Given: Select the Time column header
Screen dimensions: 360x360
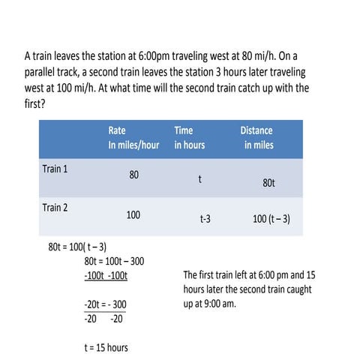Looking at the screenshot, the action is coord(189,136).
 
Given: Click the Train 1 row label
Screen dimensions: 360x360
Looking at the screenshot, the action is coord(55,169).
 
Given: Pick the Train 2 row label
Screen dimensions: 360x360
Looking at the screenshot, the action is coord(55,207).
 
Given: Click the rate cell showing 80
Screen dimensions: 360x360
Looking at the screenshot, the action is coord(133,175).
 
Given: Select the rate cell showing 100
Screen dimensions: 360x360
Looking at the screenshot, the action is coord(133,214).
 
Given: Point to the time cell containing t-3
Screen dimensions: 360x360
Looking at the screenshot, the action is coord(205,220).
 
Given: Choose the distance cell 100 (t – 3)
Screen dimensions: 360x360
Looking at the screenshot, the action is coord(271,220).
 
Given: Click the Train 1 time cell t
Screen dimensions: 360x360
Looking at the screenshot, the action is coord(199,180).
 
